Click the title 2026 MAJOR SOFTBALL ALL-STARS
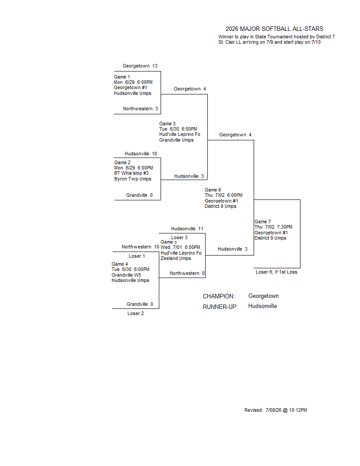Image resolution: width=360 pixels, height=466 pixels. click(274, 29)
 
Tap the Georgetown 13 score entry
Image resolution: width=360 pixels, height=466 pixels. click(140, 66)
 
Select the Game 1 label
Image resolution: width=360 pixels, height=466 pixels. click(122, 77)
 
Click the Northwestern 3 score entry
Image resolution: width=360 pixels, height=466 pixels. click(140, 109)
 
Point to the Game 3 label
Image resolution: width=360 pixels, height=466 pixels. click(167, 124)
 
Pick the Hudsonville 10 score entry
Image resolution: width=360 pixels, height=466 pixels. click(141, 154)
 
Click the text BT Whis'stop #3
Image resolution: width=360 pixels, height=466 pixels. click(131, 173)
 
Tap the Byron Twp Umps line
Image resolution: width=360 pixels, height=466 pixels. click(133, 179)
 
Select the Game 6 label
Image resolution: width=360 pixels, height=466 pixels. click(213, 190)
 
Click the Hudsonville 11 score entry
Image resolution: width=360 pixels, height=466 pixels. click(187, 229)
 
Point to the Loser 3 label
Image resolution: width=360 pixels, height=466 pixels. click(180, 237)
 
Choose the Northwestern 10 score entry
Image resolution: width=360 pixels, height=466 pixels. click(140, 247)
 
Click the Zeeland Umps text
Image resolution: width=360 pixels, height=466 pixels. click(176, 259)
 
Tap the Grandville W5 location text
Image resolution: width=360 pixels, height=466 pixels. click(127, 275)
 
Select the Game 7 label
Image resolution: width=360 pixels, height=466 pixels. click(262, 222)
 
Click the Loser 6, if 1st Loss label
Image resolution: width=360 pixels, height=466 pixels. click(277, 272)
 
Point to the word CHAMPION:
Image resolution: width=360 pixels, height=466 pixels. click(219, 296)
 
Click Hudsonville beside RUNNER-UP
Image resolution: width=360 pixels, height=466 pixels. click(262, 306)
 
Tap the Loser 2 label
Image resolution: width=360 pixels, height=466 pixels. click(136, 314)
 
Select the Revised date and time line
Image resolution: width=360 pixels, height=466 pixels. click(276, 410)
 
